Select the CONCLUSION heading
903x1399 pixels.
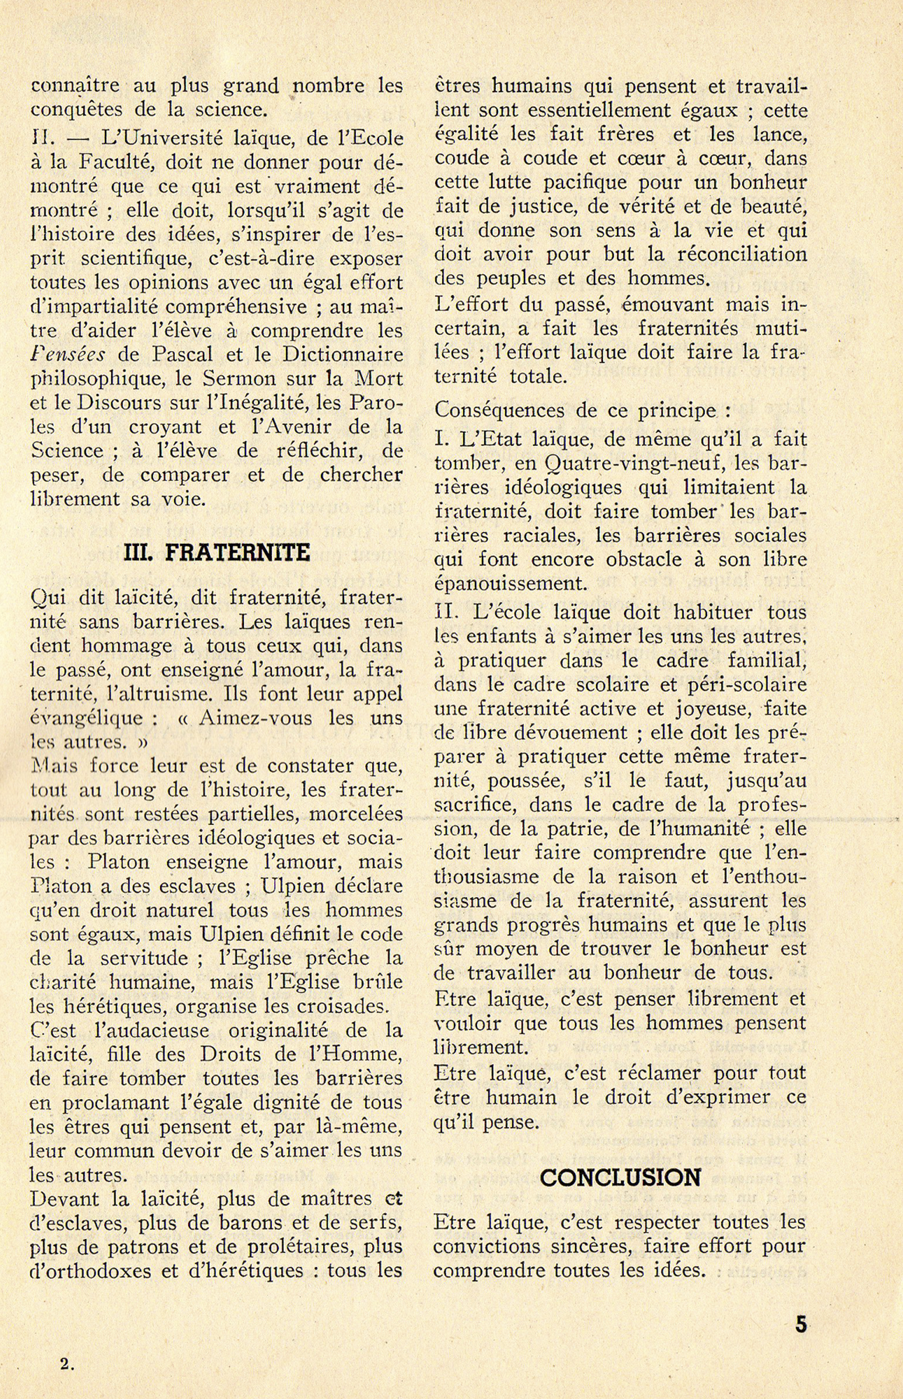(620, 1178)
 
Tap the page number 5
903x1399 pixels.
(801, 1324)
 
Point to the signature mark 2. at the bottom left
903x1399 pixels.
(67, 1363)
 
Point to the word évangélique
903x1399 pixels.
(87, 718)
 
